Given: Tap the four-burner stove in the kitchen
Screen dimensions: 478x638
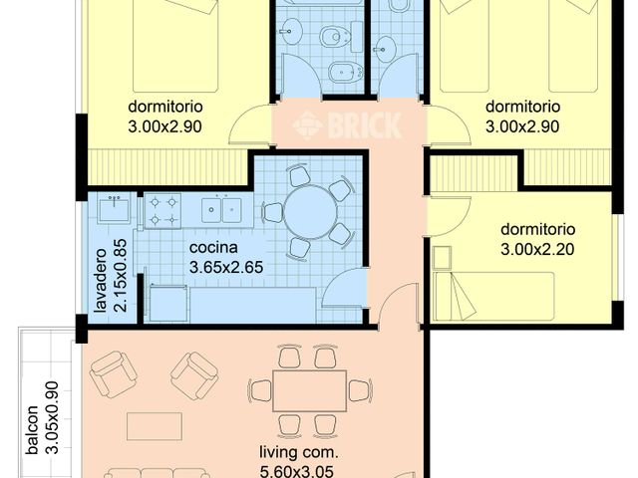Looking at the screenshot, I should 162,210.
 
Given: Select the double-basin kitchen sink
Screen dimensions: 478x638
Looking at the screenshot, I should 220,210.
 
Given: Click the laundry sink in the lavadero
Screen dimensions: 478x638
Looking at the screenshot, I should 112,209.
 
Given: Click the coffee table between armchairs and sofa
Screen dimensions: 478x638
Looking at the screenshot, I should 155,426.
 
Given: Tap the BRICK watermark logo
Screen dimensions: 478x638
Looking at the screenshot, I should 348,125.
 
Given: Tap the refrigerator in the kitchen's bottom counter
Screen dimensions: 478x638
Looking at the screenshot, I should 167,304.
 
